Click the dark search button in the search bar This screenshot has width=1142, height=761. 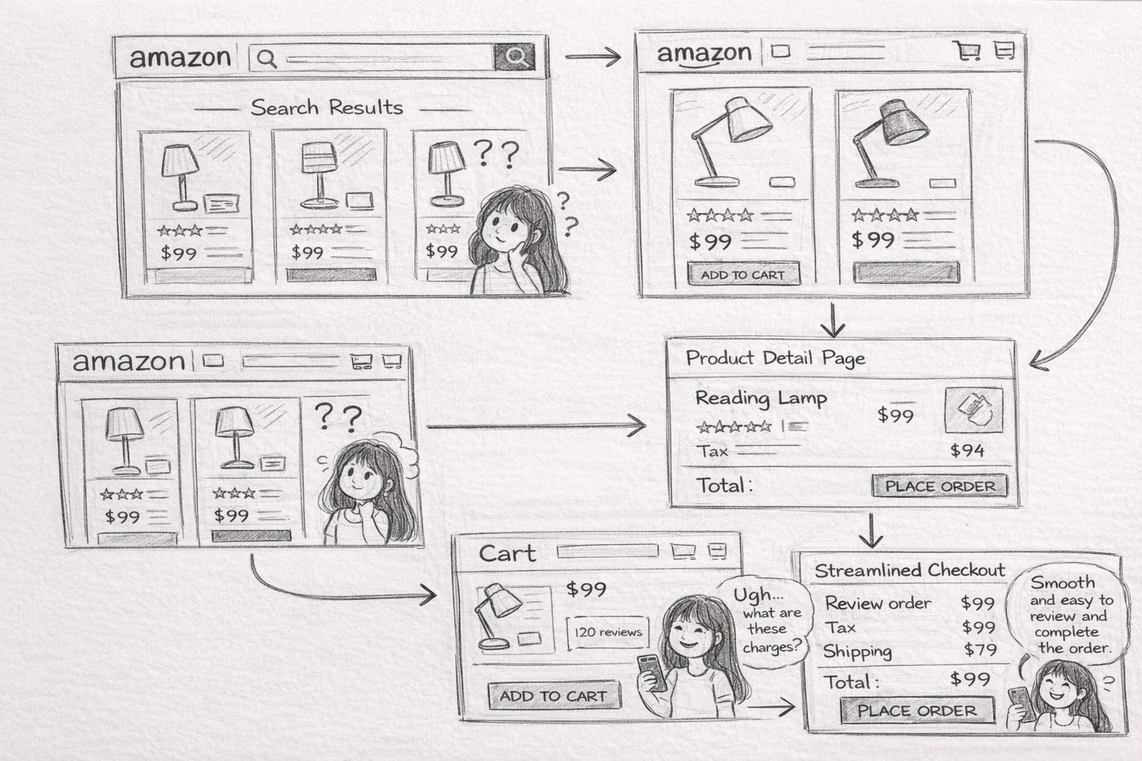tap(514, 56)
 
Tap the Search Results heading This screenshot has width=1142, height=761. tap(327, 108)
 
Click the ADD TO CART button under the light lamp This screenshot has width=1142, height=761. tap(743, 275)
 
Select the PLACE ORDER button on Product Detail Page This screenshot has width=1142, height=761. tap(940, 486)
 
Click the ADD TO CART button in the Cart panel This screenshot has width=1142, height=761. tap(554, 696)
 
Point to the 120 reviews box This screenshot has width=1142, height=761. tap(607, 632)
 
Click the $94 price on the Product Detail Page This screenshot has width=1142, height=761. tap(967, 450)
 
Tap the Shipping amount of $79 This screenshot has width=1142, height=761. tap(980, 650)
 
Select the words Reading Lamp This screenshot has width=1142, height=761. tap(761, 398)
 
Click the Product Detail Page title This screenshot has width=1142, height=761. tap(775, 358)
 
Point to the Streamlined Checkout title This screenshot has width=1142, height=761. tap(909, 570)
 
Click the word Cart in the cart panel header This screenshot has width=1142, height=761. tap(507, 554)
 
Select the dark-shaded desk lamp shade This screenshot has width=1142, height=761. tap(904, 123)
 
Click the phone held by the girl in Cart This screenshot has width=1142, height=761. tap(653, 673)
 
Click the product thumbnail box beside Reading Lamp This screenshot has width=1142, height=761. tap(974, 409)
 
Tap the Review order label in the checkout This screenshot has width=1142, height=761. tap(878, 603)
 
